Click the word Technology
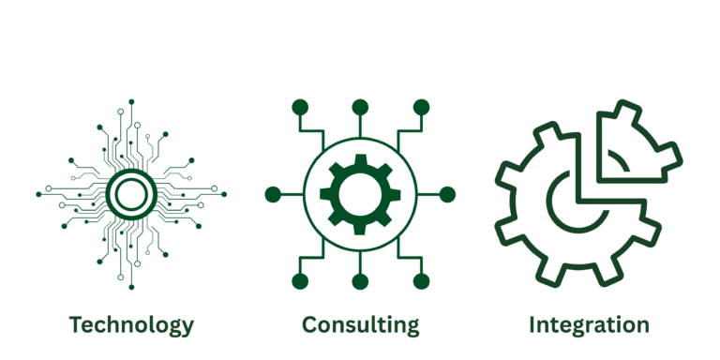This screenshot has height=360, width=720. [x=131, y=325]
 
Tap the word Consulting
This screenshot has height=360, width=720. [x=360, y=325]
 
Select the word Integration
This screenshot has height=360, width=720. [x=589, y=325]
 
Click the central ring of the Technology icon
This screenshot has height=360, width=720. [x=131, y=194]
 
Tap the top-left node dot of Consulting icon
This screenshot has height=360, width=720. [x=300, y=107]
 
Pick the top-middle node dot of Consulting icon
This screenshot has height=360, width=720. [x=360, y=107]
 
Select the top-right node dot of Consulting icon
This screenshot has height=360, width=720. [x=421, y=107]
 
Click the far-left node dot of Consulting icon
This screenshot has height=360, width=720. [x=273, y=194]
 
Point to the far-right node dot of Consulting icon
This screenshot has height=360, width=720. [x=447, y=194]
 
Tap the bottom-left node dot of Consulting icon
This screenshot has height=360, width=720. [x=300, y=281]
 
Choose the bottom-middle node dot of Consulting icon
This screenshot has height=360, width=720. [x=360, y=281]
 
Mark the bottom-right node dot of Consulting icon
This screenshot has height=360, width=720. [x=421, y=281]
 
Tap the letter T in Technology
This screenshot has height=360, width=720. [x=76, y=325]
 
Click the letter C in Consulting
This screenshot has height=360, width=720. [x=310, y=325]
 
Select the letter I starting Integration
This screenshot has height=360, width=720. [x=532, y=325]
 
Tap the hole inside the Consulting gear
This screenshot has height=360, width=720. [x=360, y=194]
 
